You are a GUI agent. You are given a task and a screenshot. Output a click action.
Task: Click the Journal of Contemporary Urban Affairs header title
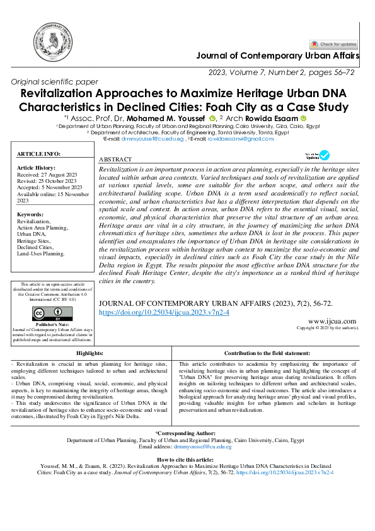pos(278,56)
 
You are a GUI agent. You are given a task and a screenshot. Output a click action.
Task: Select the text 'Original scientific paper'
pos(55,82)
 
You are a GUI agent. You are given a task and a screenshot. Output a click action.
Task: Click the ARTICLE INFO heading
pos(39,154)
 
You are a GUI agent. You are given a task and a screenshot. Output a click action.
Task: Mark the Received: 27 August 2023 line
pos(45,173)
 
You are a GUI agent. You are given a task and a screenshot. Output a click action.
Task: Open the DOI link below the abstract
pos(164,312)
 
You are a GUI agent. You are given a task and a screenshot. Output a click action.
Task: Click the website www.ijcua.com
pos(341,321)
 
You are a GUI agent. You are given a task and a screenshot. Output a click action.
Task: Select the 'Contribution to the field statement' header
pos(266,354)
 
